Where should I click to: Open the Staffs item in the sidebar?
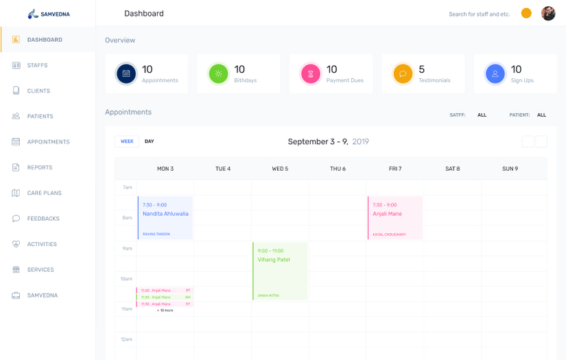(x=37, y=65)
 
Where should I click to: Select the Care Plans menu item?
(x=44, y=193)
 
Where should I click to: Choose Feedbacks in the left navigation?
(x=43, y=219)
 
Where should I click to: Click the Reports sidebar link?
(x=39, y=167)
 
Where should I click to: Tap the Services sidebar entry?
(x=40, y=270)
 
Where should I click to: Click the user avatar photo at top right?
(x=547, y=14)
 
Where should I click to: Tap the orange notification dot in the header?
(x=526, y=13)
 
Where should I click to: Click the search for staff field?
(x=479, y=14)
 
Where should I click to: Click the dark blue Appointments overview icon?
(x=126, y=73)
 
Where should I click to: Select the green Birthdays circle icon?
(x=218, y=73)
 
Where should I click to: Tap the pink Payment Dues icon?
(x=311, y=73)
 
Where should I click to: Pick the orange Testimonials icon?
(x=403, y=73)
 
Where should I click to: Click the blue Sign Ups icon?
(x=495, y=73)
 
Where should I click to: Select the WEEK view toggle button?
(x=127, y=141)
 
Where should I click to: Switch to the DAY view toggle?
(x=149, y=141)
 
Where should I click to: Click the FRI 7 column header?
(x=395, y=169)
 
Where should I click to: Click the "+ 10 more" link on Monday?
(x=165, y=311)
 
